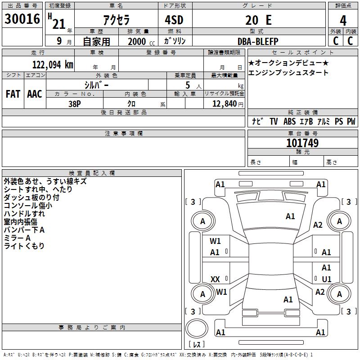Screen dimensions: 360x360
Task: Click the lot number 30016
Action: (x=22, y=19)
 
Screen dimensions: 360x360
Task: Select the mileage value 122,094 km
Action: (x=53, y=65)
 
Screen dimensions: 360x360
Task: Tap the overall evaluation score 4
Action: (x=343, y=20)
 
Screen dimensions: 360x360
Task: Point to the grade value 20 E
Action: (x=258, y=20)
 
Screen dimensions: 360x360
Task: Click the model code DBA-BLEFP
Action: (x=258, y=41)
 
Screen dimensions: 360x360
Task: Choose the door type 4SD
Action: (x=174, y=20)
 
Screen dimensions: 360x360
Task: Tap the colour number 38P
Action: (x=75, y=104)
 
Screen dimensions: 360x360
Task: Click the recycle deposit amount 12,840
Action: (x=225, y=104)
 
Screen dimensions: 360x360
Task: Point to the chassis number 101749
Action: (x=302, y=143)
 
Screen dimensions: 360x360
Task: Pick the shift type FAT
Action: (x=13, y=94)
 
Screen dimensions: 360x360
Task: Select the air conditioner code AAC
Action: (x=35, y=94)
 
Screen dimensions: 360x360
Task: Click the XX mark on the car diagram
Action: (x=215, y=279)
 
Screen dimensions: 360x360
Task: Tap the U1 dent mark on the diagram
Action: (x=327, y=279)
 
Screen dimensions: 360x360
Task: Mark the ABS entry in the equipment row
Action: (x=289, y=121)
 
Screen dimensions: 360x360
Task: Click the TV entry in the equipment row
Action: (x=274, y=121)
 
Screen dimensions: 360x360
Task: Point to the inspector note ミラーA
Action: (x=17, y=238)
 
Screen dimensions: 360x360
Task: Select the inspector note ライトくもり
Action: (x=24, y=246)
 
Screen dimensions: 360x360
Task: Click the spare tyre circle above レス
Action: (x=197, y=328)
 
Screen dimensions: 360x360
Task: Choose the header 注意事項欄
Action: (x=124, y=133)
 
